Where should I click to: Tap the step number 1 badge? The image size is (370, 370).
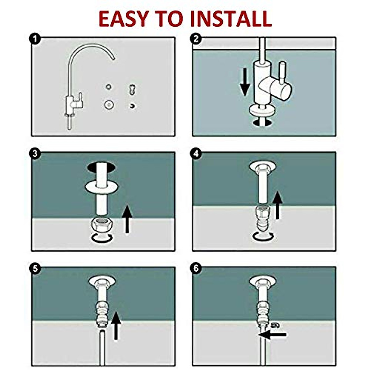tap(35, 39)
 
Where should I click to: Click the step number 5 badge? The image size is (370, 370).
tap(35, 269)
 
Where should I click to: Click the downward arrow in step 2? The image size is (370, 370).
tap(245, 82)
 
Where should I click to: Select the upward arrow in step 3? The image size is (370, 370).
tap(127, 220)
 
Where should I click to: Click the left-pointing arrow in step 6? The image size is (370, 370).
tap(273, 335)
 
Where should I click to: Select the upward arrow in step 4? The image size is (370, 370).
tap(278, 205)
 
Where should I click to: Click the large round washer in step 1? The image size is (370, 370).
tap(109, 105)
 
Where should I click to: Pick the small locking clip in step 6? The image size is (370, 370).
tap(274, 325)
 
